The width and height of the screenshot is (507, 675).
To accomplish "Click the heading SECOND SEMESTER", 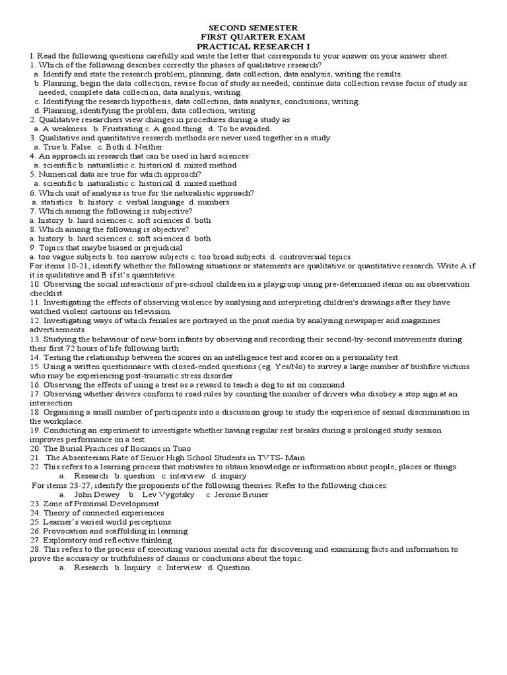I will click(253, 28).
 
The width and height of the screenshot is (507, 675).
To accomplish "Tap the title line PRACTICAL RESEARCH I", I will click(253, 47).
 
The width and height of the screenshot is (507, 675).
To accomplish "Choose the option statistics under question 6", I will click(56, 202).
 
